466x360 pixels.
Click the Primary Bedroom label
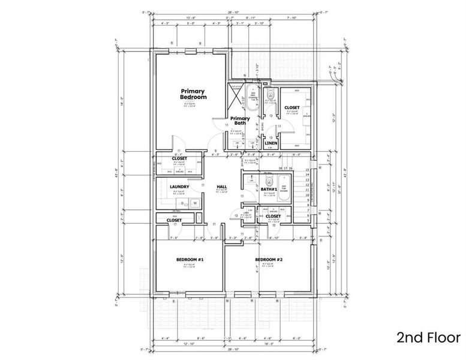coord(194,94)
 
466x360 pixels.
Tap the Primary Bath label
coord(240,121)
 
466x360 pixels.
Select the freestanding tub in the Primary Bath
coord(251,98)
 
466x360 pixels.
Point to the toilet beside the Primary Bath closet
coord(270,97)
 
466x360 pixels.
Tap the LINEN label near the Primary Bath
coord(270,143)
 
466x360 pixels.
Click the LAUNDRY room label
coord(179,187)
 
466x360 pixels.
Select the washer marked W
coord(195,203)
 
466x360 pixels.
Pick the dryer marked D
coord(185,203)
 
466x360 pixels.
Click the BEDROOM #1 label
coord(190,259)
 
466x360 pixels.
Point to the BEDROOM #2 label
coord(269,259)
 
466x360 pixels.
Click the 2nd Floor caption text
coord(428,337)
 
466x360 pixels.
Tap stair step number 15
coord(307,170)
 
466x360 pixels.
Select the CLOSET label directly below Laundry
coord(174,220)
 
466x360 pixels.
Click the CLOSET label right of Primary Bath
coord(292,107)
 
